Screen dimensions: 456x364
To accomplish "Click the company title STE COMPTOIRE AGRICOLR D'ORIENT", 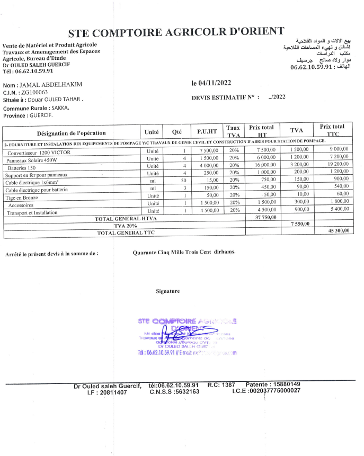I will click(176, 32).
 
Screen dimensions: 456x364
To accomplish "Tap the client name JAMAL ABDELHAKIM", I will click(51, 85).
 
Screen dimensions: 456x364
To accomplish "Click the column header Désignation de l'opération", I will click(71, 133).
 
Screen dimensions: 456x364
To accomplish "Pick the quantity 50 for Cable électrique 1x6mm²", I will click(184, 180).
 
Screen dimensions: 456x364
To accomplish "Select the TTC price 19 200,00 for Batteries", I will click(335, 165).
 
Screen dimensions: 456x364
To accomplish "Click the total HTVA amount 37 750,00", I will click(265, 218).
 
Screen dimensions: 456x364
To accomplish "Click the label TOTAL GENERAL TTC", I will click(125, 233).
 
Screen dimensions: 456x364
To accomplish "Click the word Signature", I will click(168, 291).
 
